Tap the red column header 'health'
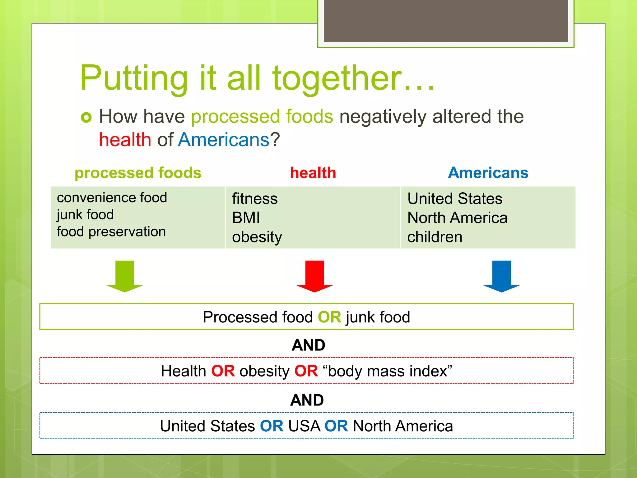[313, 173]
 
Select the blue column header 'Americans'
[488, 173]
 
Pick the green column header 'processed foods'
[138, 173]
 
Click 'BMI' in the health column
[246, 218]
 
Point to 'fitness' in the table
[255, 199]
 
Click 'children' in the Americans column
[435, 237]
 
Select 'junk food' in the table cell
[85, 215]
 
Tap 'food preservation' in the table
[111, 232]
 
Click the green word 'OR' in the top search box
[329, 317]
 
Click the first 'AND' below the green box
[308, 345]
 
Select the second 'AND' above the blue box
[307, 400]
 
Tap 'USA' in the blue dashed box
[304, 426]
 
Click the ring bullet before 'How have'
[86, 117]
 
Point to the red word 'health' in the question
[125, 139]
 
